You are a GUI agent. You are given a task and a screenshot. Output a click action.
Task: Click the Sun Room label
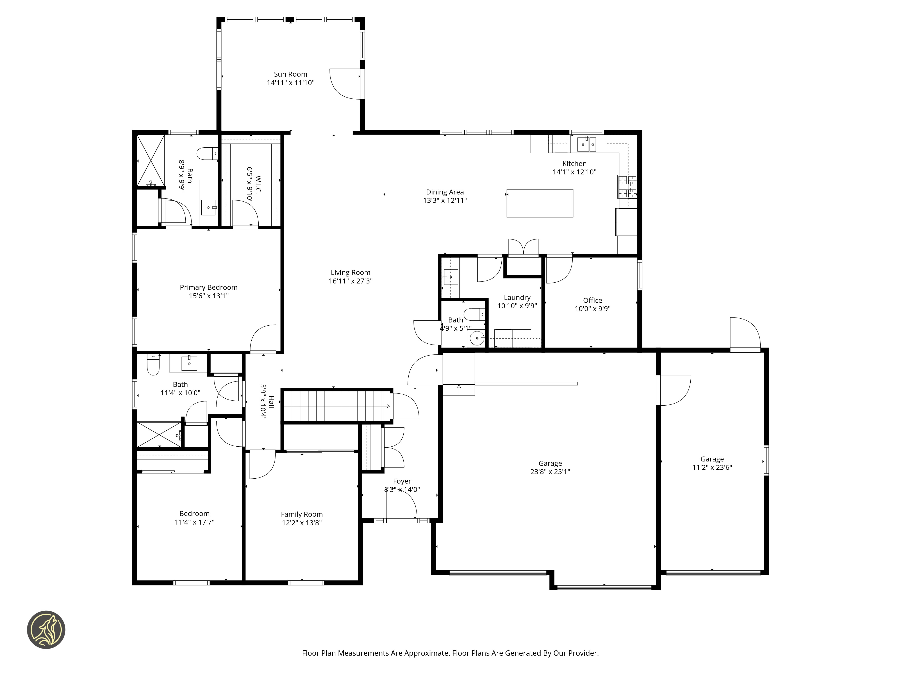pyautogui.click(x=290, y=74)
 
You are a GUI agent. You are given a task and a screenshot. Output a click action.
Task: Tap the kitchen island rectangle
pyautogui.click(x=540, y=203)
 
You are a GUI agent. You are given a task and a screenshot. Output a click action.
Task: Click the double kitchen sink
pyautogui.click(x=587, y=144)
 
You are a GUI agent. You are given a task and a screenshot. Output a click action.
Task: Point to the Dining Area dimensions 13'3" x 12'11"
pyautogui.click(x=445, y=200)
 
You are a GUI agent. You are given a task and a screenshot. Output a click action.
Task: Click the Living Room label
pyautogui.click(x=350, y=273)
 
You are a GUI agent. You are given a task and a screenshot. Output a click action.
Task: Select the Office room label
pyautogui.click(x=592, y=300)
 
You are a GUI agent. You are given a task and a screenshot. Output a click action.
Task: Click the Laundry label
pyautogui.click(x=517, y=297)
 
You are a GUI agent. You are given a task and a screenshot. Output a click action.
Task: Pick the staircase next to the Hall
pyautogui.click(x=337, y=406)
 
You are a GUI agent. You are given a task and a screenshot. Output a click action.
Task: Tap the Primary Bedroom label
pyautogui.click(x=209, y=287)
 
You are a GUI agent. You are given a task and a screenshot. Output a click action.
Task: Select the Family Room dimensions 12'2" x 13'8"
pyautogui.click(x=302, y=523)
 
